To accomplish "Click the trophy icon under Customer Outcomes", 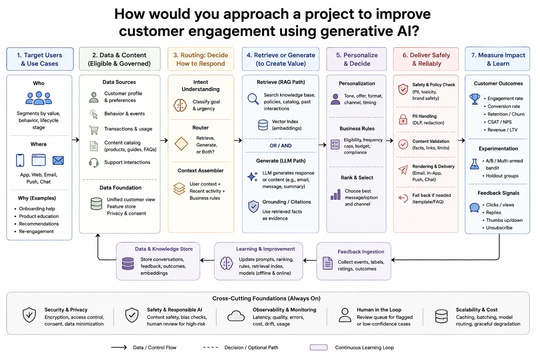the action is pyautogui.click(x=475, y=99).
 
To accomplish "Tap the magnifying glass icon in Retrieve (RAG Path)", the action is pyautogui.click(x=253, y=99).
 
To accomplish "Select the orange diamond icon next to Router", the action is pyautogui.click(x=181, y=144).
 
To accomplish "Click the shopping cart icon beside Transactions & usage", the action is pyautogui.click(x=94, y=130).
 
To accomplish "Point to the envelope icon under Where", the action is pyautogui.click(x=58, y=160).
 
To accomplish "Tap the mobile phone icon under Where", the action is pyautogui.click(x=20, y=160).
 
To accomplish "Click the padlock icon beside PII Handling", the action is pyautogui.click(x=403, y=119).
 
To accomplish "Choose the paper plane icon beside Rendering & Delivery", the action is pyautogui.click(x=403, y=170).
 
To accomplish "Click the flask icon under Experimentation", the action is pyautogui.click(x=474, y=164).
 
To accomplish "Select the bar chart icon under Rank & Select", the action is pyautogui.click(x=336, y=194).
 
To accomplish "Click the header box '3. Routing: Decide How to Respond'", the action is pyautogui.click(x=201, y=59).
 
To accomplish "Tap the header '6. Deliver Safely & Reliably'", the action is pyautogui.click(x=426, y=59).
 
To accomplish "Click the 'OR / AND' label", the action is pyautogui.click(x=281, y=146).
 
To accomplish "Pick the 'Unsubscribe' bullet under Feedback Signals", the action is pyautogui.click(x=499, y=227).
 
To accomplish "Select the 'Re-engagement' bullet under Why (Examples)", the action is pyautogui.click(x=36, y=231).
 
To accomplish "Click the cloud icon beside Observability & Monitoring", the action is pyautogui.click(x=236, y=316).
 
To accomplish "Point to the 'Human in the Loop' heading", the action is pyautogui.click(x=379, y=310).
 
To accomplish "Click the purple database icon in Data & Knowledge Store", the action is pyautogui.click(x=128, y=264).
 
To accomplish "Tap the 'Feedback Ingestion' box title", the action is pyautogui.click(x=361, y=252).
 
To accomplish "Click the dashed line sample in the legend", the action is pyautogui.click(x=211, y=347).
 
